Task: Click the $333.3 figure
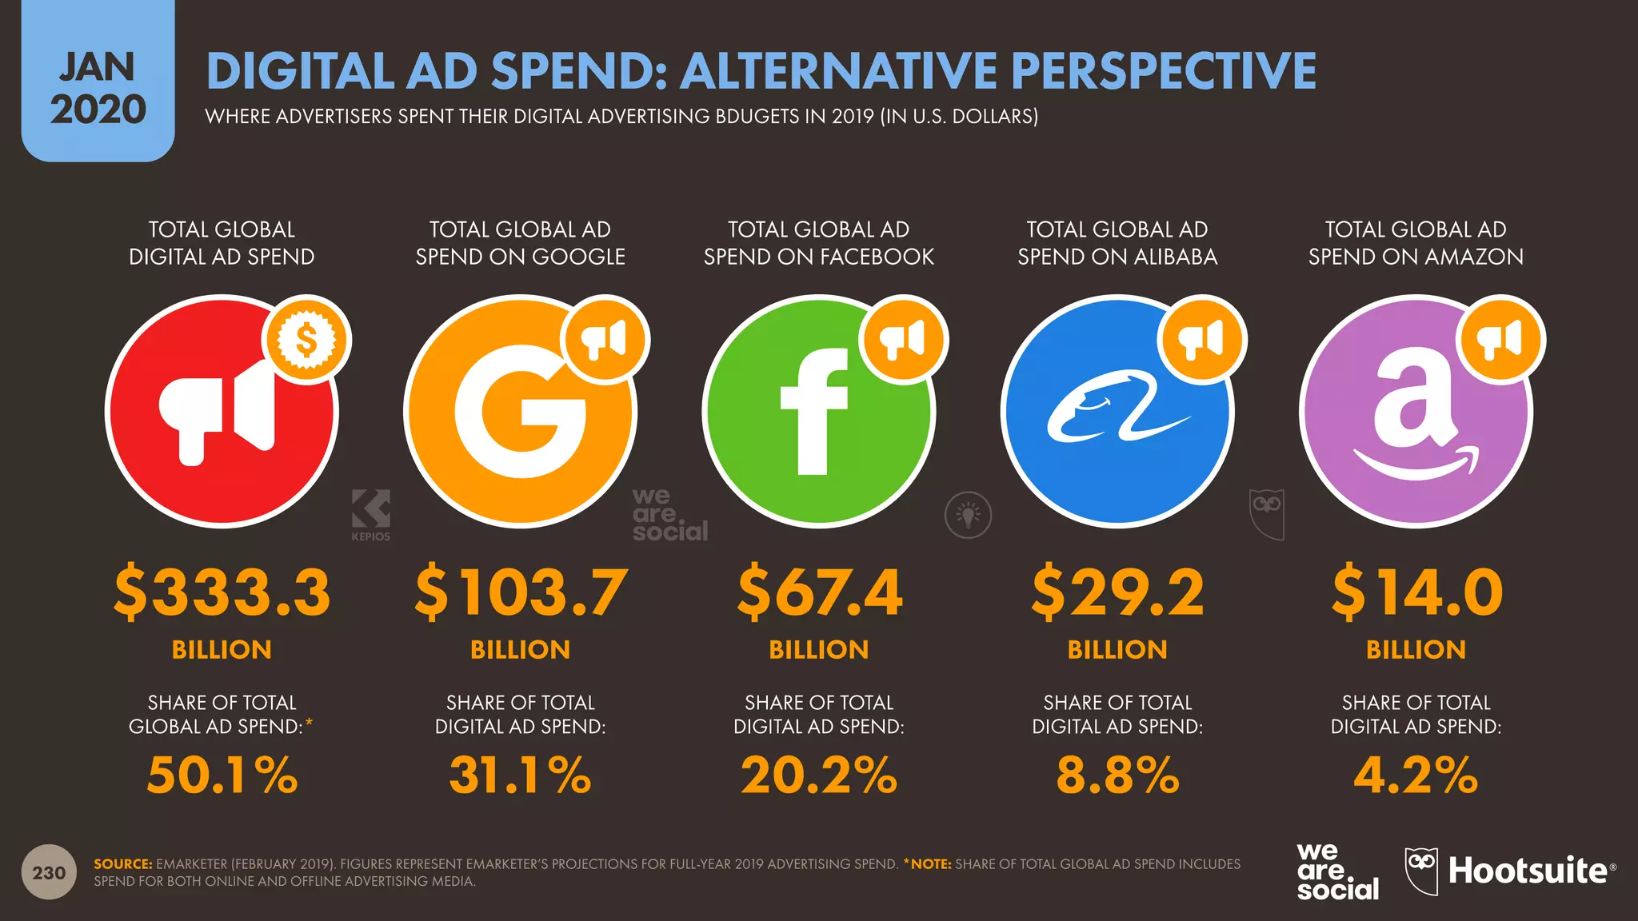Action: pos(222,592)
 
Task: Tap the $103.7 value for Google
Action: pos(521,592)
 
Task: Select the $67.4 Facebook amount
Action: pos(819,592)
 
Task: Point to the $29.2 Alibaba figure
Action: pos(1117,592)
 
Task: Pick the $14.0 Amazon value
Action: pos(1416,592)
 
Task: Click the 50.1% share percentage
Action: pos(222,775)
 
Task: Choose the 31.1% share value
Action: pos(521,775)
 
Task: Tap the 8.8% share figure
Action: pos(1117,775)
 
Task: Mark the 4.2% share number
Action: pos(1416,775)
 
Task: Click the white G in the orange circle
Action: pos(519,412)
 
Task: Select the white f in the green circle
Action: pos(813,412)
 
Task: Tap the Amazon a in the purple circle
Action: pos(1414,416)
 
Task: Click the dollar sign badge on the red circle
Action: pos(306,341)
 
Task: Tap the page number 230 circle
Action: pos(49,872)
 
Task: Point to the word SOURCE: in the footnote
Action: pos(122,864)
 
